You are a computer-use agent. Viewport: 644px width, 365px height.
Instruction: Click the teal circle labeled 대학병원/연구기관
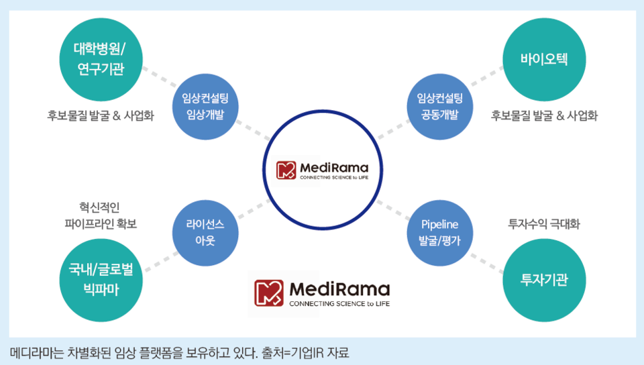click(x=100, y=59)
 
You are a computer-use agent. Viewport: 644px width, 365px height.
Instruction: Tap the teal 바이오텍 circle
click(x=543, y=59)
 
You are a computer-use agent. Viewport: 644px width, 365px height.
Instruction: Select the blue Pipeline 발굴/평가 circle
click(x=439, y=232)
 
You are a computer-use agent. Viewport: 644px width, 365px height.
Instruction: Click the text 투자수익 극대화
click(x=543, y=224)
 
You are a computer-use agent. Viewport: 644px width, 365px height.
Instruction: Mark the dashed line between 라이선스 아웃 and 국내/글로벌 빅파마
click(x=156, y=259)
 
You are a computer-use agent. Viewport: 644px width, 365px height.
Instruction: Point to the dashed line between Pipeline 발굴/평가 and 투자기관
click(x=486, y=258)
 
